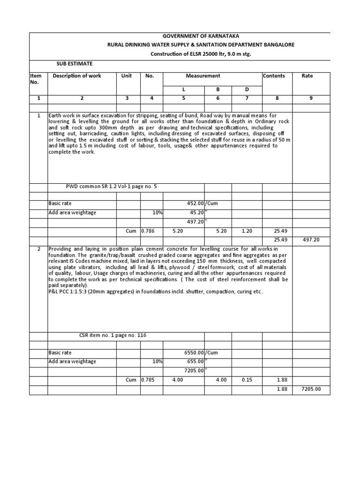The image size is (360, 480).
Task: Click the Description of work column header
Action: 77,75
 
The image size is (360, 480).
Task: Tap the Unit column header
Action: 127,75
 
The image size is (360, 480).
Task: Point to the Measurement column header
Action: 203,75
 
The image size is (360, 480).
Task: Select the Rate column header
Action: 307,75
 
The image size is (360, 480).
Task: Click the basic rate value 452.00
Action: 195,204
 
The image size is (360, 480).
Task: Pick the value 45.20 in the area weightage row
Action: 196,213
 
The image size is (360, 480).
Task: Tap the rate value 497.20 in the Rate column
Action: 311,240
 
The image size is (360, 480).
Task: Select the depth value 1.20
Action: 247,231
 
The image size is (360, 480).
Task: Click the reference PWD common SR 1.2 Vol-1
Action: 112,187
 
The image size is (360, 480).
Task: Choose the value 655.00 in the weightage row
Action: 195,362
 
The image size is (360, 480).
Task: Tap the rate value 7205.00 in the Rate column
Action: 311,389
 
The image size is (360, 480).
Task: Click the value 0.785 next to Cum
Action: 148,380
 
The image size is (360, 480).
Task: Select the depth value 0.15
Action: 247,380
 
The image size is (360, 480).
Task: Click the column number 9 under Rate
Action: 311,98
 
